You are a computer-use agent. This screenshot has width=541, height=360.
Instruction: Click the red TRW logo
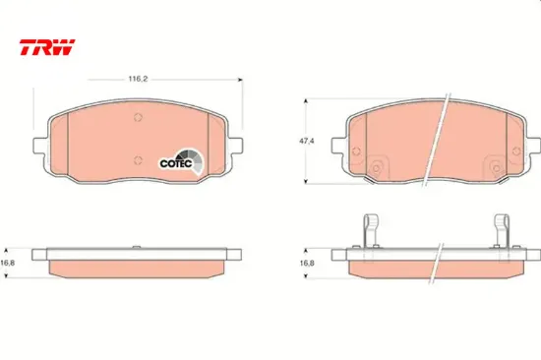click(47, 47)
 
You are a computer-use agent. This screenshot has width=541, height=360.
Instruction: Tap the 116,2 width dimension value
click(138, 79)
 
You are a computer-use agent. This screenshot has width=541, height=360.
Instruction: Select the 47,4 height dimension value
click(306, 142)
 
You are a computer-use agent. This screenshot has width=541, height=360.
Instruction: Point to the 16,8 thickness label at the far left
click(8, 263)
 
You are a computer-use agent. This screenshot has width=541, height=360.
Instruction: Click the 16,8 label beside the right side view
click(307, 263)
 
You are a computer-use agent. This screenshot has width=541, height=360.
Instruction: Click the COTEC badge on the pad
click(181, 162)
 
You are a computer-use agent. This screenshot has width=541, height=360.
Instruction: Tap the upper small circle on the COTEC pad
click(138, 117)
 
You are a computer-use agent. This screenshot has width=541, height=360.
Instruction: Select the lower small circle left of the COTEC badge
click(138, 160)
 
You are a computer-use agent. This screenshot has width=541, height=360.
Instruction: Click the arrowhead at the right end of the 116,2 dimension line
click(240, 80)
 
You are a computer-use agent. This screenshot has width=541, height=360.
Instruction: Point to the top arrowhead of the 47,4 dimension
click(305, 101)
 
